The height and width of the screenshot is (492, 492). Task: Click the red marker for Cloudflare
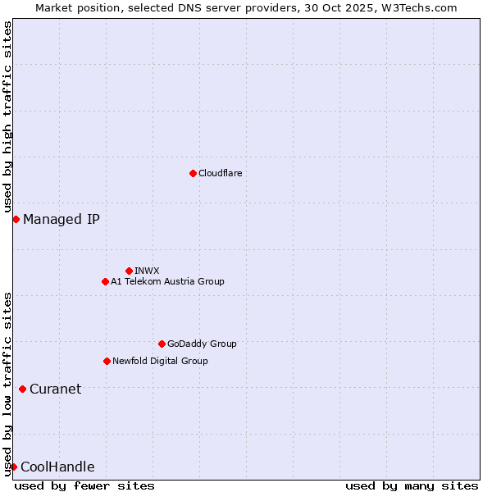click(x=193, y=173)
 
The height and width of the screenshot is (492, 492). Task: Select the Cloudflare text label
click(x=220, y=173)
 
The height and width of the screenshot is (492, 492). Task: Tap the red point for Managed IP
click(x=16, y=219)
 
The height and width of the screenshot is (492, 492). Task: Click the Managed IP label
click(x=61, y=219)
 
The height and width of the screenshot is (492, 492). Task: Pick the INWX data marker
click(x=129, y=271)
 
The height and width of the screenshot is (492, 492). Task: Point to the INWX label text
click(x=147, y=271)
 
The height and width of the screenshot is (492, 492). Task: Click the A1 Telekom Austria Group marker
click(x=105, y=281)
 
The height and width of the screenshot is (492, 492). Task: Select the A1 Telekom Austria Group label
click(x=167, y=281)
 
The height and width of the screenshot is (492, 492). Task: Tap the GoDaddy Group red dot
click(x=162, y=344)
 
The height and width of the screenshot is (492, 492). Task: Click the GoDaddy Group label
click(x=202, y=344)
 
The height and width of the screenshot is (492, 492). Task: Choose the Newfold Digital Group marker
click(x=107, y=361)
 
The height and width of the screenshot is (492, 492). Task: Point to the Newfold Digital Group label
click(x=160, y=361)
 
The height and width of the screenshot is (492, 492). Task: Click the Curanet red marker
click(x=22, y=389)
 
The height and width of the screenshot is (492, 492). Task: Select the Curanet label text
click(x=55, y=389)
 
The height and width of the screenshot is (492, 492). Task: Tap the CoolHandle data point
click(x=13, y=467)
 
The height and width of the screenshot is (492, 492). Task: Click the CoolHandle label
click(x=57, y=467)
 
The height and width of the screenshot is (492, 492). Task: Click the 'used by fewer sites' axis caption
click(x=84, y=485)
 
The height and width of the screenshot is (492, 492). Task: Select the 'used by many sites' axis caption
click(x=412, y=485)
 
